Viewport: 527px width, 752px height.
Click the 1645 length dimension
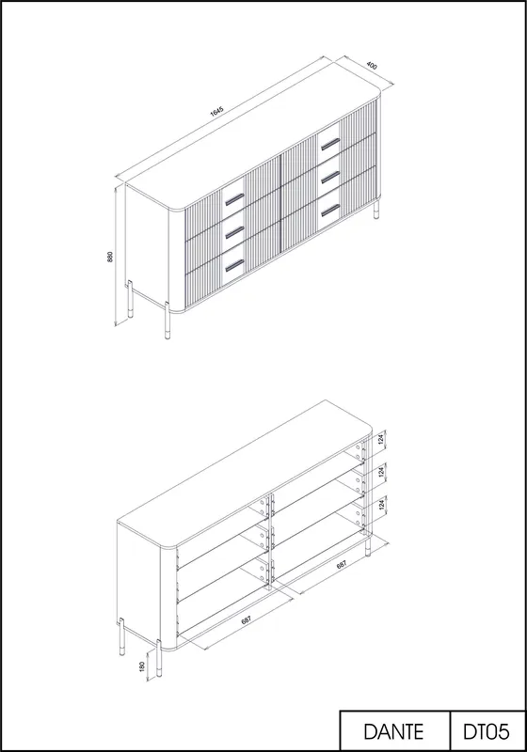pyautogui.click(x=217, y=111)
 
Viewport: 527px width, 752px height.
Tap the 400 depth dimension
pyautogui.click(x=372, y=65)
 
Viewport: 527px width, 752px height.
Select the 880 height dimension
pyautogui.click(x=110, y=257)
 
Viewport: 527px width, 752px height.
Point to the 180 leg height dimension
pyautogui.click(x=142, y=666)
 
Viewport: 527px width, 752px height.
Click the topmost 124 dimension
pyautogui.click(x=381, y=440)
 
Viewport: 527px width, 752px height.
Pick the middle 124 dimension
pyautogui.click(x=381, y=472)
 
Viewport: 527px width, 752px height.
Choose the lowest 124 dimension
pyautogui.click(x=381, y=505)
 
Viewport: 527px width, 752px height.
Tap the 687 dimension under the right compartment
pyautogui.click(x=342, y=565)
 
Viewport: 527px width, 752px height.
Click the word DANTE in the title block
pyautogui.click(x=393, y=732)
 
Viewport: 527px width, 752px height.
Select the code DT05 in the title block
pyautogui.click(x=487, y=732)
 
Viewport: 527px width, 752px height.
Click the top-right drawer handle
pyautogui.click(x=330, y=144)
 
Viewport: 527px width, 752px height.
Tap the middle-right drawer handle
pyautogui.click(x=330, y=177)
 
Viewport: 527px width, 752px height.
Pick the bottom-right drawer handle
pyautogui.click(x=330, y=210)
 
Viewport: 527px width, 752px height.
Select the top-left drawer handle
pyautogui.click(x=234, y=198)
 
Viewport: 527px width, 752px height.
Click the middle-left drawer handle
pyautogui.click(x=234, y=232)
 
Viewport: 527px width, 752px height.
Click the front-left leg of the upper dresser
pyautogui.click(x=167, y=321)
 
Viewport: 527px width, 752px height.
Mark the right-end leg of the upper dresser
pyautogui.click(x=376, y=210)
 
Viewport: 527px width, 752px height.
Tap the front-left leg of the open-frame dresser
pyautogui.click(x=159, y=659)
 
